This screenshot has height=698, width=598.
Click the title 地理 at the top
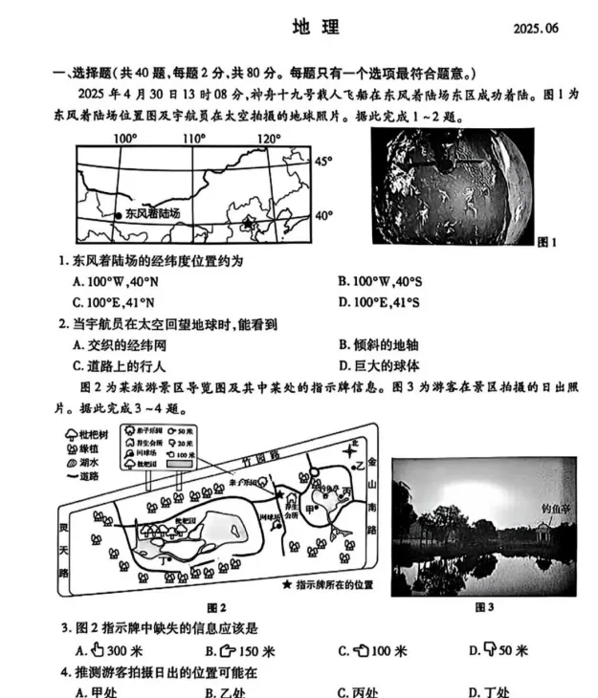point(317,28)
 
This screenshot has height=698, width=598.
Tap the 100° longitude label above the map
point(124,139)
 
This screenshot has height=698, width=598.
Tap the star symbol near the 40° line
point(250,224)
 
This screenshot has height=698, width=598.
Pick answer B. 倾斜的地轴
point(391,345)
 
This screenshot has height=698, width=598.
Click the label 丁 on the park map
point(168,559)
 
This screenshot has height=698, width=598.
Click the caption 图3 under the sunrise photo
point(484,606)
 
